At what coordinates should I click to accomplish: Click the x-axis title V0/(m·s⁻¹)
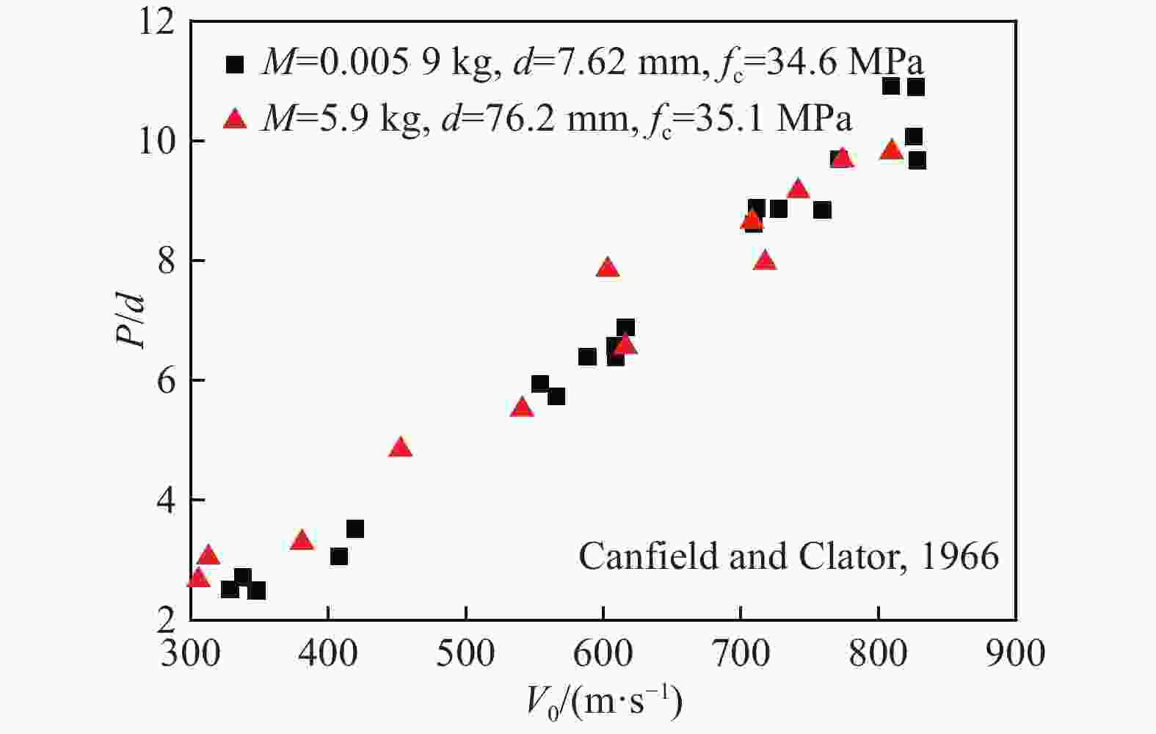(x=603, y=702)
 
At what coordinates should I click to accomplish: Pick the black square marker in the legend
(x=235, y=65)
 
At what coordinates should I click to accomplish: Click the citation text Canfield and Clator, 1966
(x=788, y=556)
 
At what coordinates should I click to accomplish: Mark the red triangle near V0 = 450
(x=401, y=447)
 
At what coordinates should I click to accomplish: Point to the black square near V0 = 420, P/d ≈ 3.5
(x=355, y=529)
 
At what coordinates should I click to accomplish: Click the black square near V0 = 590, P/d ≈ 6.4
(x=587, y=357)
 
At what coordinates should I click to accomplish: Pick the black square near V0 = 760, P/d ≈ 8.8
(x=822, y=211)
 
